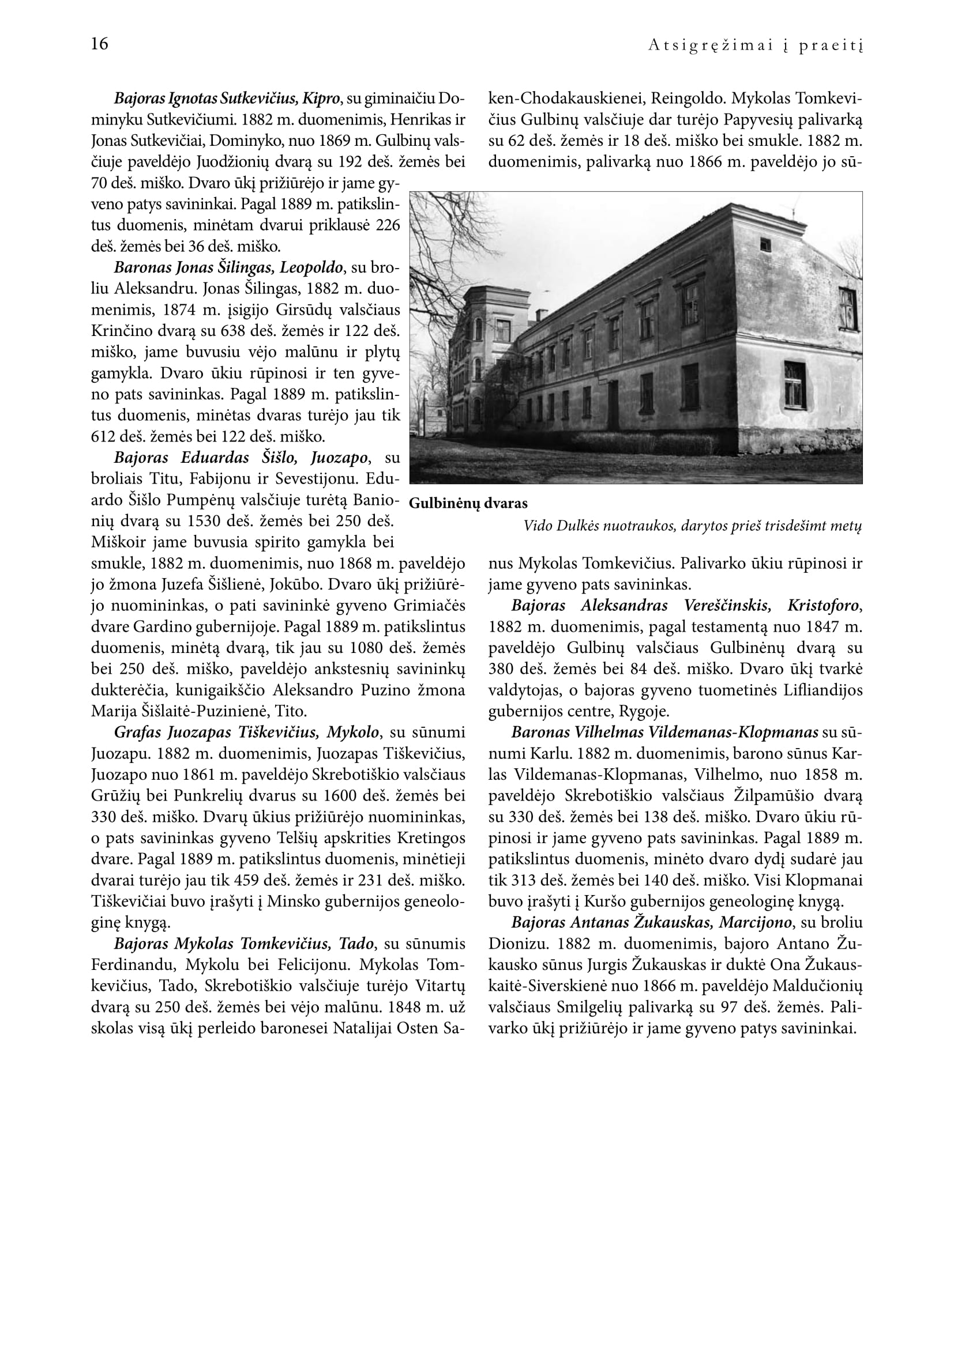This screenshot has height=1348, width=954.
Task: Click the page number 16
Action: [x=100, y=44]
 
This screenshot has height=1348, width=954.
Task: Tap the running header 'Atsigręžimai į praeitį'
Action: [x=755, y=46]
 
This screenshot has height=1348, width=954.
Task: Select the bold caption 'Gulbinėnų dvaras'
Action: [x=468, y=503]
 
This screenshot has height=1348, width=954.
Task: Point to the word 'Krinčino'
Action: [x=122, y=331]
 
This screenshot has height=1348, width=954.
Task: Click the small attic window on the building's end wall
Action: [x=765, y=243]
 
